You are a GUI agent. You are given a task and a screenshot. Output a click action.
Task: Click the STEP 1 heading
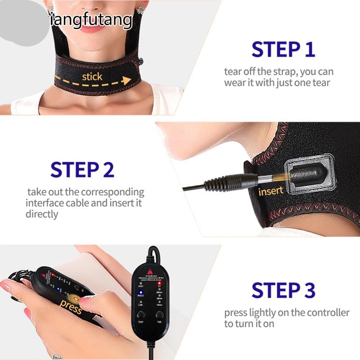[283, 49]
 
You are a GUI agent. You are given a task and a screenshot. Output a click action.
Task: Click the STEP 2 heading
[82, 170]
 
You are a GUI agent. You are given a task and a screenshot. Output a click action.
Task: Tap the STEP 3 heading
[283, 290]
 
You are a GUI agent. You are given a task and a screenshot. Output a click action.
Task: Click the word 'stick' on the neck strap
[92, 76]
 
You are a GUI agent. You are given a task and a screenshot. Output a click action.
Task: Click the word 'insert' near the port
[271, 191]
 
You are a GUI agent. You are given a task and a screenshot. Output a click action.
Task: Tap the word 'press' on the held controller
[71, 308]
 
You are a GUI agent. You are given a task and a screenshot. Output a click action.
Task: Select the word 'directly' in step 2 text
[42, 214]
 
